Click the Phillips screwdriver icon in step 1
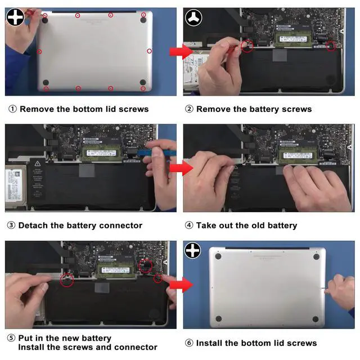[x=15, y=16]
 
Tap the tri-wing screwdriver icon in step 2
[x=193, y=17]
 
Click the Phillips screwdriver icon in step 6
[x=193, y=250]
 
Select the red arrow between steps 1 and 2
[x=177, y=52]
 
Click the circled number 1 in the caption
[x=12, y=109]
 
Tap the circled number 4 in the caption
[x=189, y=226]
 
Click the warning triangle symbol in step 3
[x=38, y=163]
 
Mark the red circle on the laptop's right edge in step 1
[x=149, y=51]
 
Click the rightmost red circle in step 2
[x=331, y=46]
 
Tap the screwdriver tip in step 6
[x=323, y=289]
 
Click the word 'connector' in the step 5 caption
[x=135, y=348]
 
